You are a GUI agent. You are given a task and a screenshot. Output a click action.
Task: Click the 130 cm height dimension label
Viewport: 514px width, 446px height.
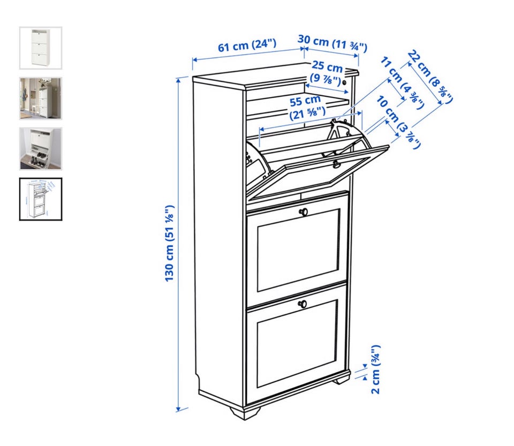170,243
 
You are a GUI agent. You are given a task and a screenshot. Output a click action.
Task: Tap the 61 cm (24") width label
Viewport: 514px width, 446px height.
247,45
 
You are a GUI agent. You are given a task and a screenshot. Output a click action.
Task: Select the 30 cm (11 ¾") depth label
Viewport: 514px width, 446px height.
332,43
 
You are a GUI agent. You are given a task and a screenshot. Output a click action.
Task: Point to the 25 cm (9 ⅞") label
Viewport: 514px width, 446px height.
326,72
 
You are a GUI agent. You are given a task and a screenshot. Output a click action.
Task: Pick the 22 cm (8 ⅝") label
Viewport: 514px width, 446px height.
430,77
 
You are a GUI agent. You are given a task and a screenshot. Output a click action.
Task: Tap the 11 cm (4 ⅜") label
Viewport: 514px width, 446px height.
403,83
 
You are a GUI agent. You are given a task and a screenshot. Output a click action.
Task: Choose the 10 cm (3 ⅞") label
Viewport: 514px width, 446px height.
398,122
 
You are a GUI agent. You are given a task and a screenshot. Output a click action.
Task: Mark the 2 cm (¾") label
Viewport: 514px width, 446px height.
376,369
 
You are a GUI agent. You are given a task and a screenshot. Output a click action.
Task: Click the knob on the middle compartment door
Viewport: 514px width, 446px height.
304,211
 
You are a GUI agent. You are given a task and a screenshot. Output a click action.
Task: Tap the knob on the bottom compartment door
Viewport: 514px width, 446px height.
303,304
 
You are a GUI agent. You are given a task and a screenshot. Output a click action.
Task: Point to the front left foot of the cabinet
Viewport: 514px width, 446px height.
246,413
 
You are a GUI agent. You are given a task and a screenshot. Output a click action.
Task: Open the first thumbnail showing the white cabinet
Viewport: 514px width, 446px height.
41,48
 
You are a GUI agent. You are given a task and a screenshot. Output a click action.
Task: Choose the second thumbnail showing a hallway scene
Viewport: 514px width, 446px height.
41,99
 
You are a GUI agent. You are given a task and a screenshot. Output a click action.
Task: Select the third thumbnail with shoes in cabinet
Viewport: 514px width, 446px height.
41,149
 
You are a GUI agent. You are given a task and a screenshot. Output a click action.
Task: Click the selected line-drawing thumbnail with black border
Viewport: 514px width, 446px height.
41,199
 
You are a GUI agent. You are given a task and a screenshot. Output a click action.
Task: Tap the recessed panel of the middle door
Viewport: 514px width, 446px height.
298,250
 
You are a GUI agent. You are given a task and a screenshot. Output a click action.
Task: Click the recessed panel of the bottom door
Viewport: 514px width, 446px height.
297,343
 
